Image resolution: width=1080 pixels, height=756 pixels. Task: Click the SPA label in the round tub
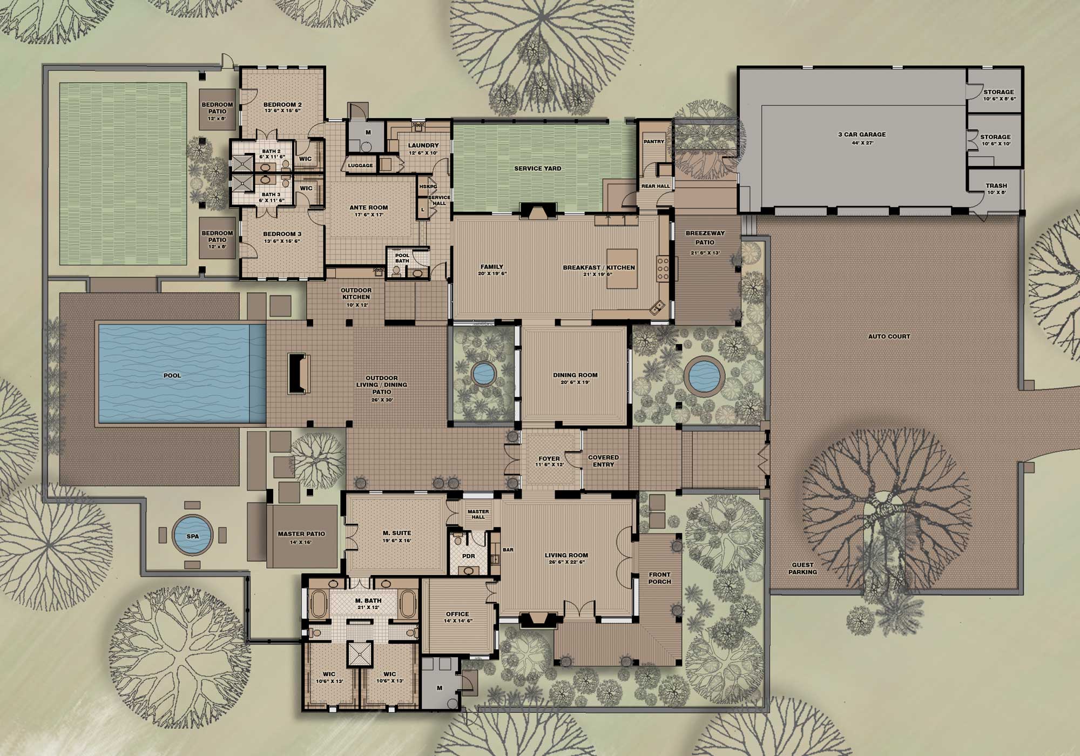(x=193, y=536)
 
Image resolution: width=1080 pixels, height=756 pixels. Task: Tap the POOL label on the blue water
(x=172, y=375)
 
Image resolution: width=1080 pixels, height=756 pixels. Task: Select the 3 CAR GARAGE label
(x=862, y=134)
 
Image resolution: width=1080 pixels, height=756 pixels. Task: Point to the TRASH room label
(x=996, y=186)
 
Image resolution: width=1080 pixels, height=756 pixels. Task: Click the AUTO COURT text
(x=889, y=336)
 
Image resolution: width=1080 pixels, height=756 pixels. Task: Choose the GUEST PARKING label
(x=802, y=569)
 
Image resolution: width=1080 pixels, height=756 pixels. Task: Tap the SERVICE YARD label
(x=537, y=168)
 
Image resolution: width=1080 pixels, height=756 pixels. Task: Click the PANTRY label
(x=654, y=141)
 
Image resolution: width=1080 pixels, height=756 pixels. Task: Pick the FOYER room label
(x=549, y=458)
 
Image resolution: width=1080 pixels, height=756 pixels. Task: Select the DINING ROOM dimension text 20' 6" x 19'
(x=575, y=382)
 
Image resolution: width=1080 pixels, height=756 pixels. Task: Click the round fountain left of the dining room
(x=483, y=373)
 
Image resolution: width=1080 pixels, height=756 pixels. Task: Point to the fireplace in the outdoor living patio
(x=298, y=373)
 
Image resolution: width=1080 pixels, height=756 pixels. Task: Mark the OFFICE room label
(x=457, y=614)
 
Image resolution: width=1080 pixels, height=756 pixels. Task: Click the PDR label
(x=469, y=556)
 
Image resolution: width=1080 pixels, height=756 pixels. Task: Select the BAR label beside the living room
(x=508, y=550)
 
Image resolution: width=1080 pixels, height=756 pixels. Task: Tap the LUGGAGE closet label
(x=360, y=165)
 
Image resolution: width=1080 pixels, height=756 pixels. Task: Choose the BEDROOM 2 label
(x=282, y=105)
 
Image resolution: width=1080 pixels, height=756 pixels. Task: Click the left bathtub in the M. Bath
(x=316, y=604)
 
